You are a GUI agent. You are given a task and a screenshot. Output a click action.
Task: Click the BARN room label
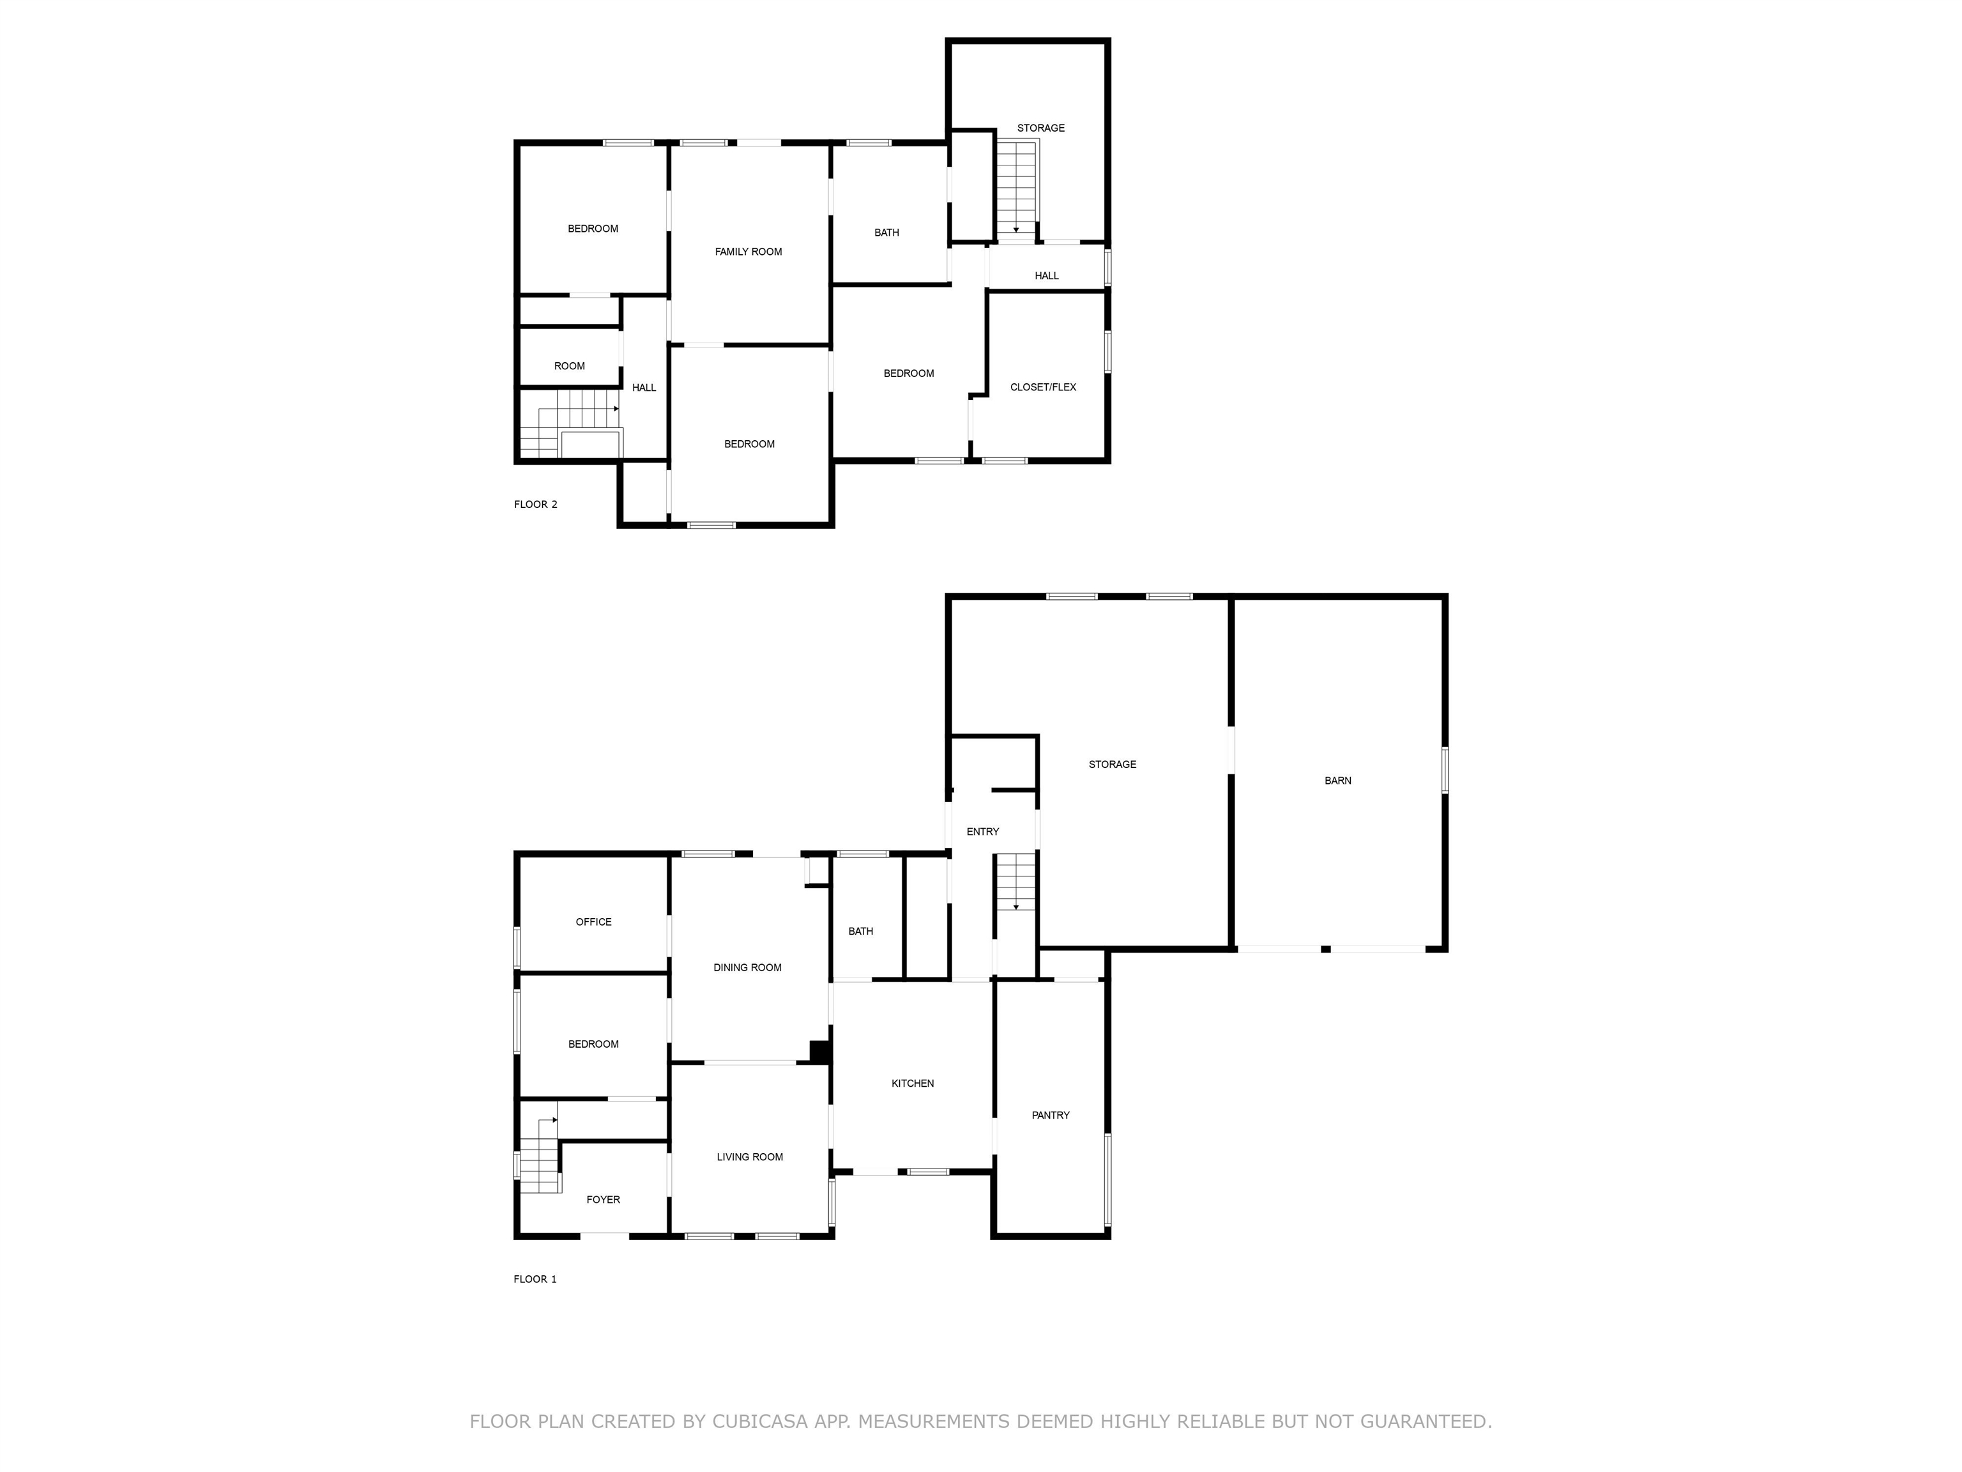point(1337,781)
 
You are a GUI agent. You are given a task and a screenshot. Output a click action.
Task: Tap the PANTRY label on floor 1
point(1050,1115)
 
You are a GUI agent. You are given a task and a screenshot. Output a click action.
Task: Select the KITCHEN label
point(912,1084)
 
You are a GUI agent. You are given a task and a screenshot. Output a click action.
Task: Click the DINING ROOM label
point(747,968)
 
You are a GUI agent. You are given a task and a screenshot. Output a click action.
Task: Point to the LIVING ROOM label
point(750,1157)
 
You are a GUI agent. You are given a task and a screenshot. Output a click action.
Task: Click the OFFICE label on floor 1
point(593,922)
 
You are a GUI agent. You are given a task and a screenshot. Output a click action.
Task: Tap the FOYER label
point(603,1200)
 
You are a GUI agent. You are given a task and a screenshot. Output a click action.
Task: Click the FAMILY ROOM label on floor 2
point(748,252)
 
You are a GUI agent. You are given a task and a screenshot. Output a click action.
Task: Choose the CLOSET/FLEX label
point(1042,387)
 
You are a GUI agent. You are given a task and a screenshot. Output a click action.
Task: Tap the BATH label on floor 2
point(886,233)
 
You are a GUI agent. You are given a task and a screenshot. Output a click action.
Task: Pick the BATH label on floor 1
point(860,931)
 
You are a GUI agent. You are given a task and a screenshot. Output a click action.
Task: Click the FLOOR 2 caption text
point(535,505)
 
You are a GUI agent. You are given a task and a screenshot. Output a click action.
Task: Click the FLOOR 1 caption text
point(535,1280)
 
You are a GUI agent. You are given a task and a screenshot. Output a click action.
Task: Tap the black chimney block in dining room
point(819,1052)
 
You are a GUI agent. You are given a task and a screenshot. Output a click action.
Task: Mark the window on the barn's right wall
point(1444,770)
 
